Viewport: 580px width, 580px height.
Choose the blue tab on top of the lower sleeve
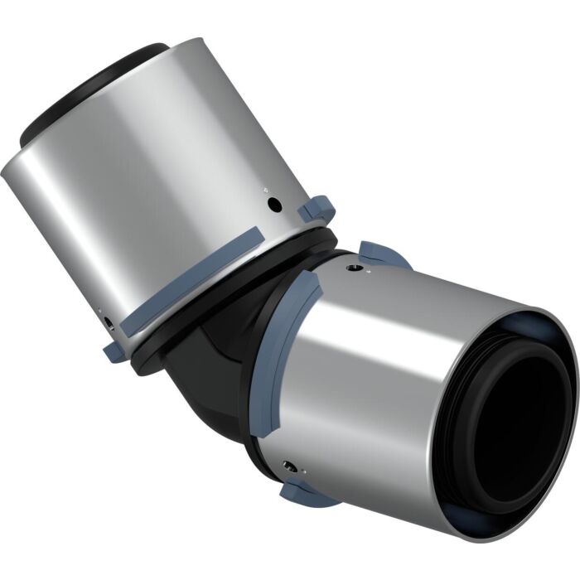[383, 253]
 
